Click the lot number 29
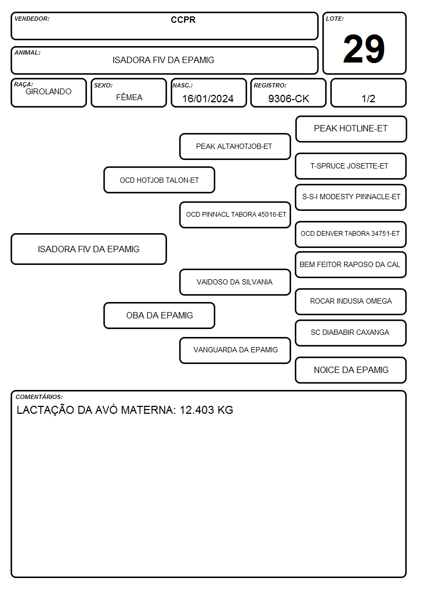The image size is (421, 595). [x=364, y=49]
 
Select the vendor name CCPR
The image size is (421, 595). [x=183, y=20]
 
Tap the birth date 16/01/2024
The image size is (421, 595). [x=208, y=99]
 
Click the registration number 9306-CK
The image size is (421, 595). [x=288, y=99]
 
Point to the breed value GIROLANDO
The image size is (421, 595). [x=48, y=92]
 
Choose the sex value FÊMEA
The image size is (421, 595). [x=129, y=97]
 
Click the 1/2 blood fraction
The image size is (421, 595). [x=368, y=99]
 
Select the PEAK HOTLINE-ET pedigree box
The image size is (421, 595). [x=351, y=129]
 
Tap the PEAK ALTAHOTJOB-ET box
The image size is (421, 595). [x=235, y=146]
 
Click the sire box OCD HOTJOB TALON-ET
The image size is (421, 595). [x=159, y=180]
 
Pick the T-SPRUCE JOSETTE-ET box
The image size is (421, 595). [x=351, y=166]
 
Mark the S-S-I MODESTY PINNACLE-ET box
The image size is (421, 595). [x=351, y=197]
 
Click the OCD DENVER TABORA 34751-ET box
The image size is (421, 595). [x=351, y=234]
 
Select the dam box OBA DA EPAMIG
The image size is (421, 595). [x=159, y=315]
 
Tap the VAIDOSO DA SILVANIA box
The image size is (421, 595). [x=235, y=282]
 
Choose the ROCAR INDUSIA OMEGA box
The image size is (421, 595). [x=351, y=301]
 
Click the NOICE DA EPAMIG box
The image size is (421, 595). [x=351, y=370]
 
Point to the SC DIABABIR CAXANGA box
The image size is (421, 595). [x=351, y=333]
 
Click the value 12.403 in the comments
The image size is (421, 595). [x=197, y=410]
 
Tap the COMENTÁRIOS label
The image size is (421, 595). [x=39, y=397]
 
